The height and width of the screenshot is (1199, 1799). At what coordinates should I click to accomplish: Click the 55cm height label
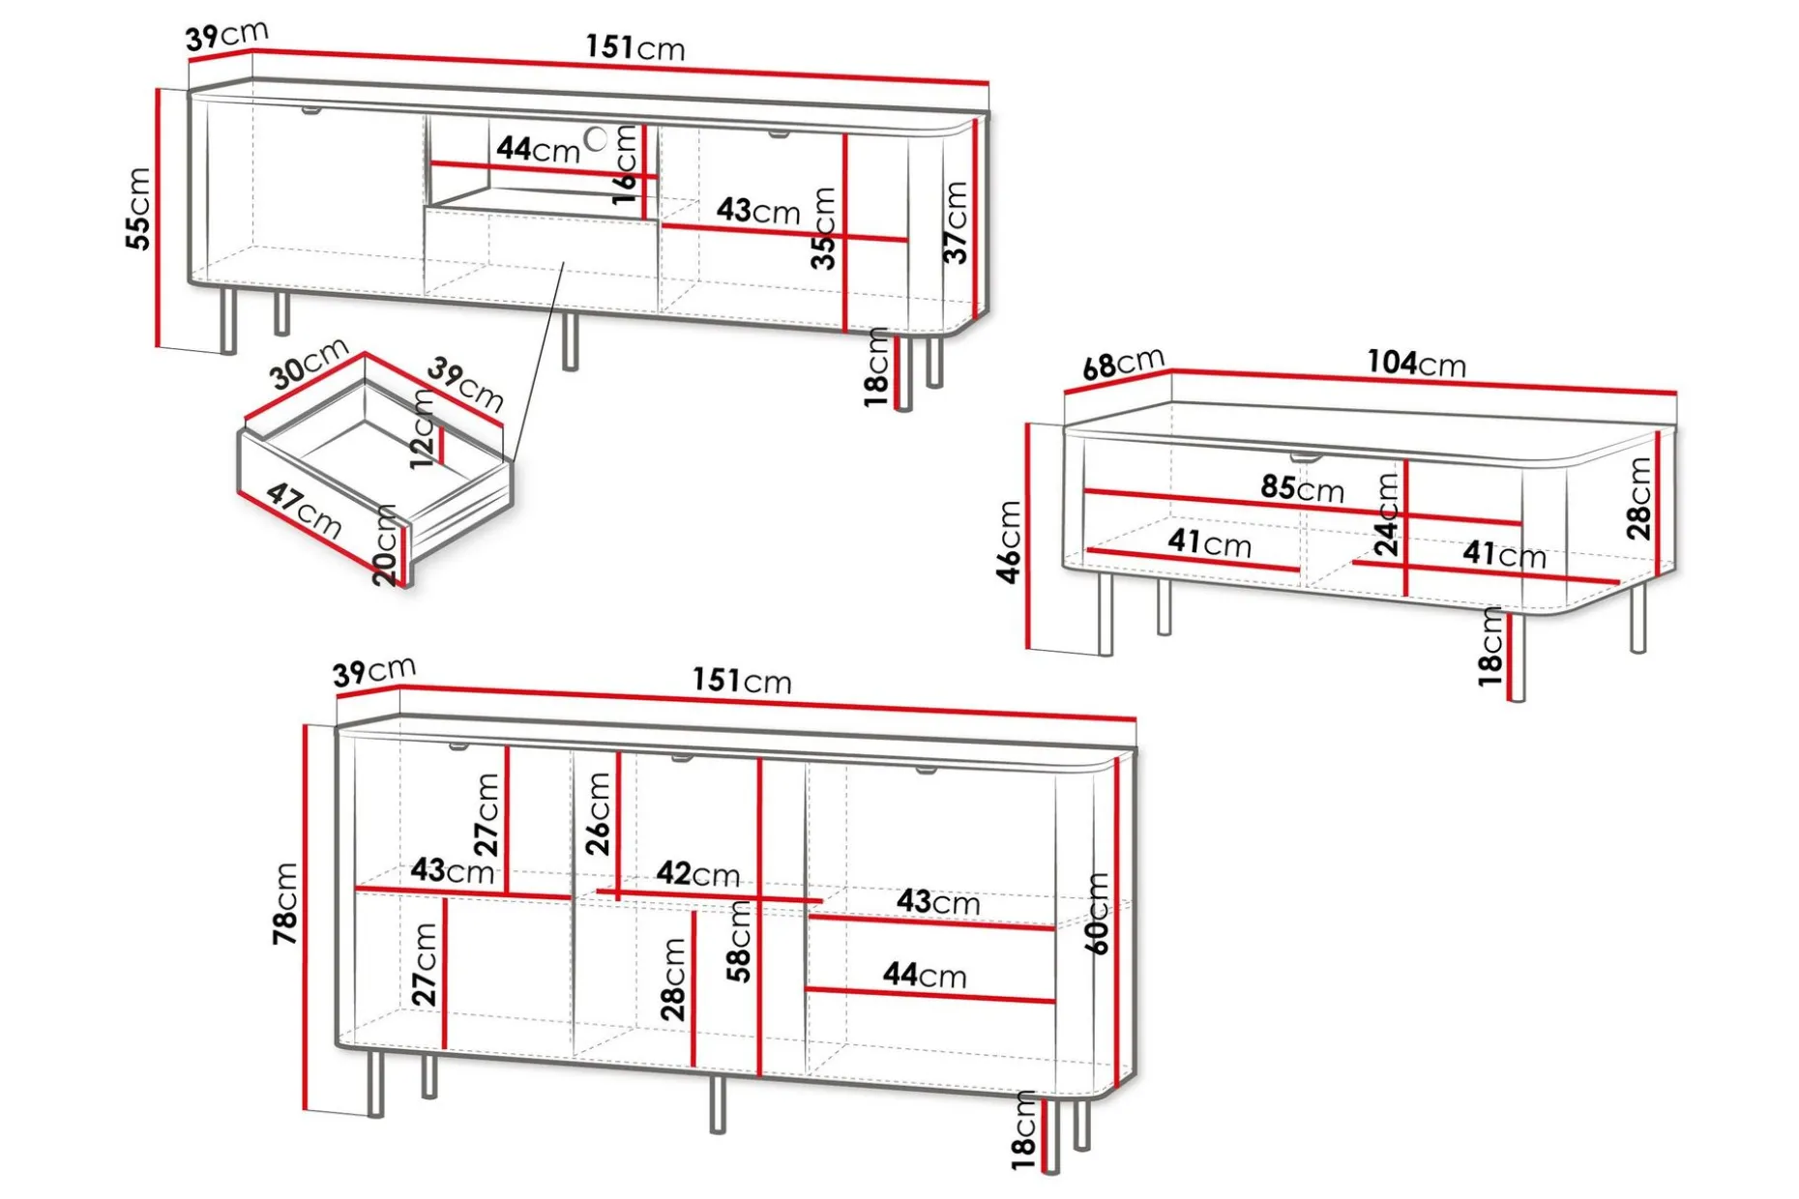[139, 208]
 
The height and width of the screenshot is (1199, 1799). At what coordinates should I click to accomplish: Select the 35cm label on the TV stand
[823, 228]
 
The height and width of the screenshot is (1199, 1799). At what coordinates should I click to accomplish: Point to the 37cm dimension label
[956, 221]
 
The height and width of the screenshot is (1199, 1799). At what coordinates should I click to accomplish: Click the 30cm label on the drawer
[309, 363]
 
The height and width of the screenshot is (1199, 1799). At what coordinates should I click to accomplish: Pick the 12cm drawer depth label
[423, 428]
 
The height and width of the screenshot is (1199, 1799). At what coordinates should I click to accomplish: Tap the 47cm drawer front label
[304, 510]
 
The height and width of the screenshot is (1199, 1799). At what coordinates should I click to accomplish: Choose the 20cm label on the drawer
[385, 545]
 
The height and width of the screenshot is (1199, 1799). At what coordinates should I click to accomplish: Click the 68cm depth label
[1123, 364]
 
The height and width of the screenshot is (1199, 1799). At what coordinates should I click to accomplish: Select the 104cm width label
[1416, 363]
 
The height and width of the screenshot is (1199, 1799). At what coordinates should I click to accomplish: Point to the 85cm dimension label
[1302, 488]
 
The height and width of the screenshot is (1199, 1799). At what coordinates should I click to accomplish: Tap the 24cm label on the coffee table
[1387, 513]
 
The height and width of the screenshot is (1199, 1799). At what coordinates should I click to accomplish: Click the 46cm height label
[1008, 541]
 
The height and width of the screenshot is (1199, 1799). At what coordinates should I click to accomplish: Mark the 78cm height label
[285, 904]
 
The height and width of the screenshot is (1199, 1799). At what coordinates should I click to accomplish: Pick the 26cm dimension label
[599, 814]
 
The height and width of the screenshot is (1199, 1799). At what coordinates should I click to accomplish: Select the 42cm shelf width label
[698, 874]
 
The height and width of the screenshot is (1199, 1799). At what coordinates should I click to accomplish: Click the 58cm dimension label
[739, 942]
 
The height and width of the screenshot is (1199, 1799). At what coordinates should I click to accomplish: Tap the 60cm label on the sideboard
[1097, 914]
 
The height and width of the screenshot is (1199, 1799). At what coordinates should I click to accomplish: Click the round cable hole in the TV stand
[597, 138]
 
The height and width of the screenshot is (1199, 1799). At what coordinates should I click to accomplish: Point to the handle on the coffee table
[1305, 455]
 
